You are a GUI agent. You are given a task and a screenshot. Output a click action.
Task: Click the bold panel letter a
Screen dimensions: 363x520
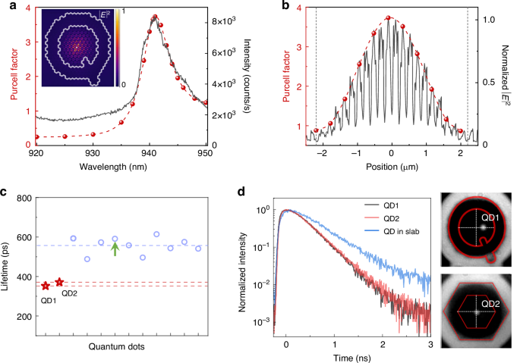tap(5, 7)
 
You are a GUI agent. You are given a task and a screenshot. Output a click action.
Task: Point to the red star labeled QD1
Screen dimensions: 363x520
tap(46, 286)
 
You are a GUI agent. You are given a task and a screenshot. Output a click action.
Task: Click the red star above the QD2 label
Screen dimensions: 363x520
tap(60, 282)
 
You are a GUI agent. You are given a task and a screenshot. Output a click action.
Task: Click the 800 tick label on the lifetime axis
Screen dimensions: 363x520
tap(25, 199)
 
